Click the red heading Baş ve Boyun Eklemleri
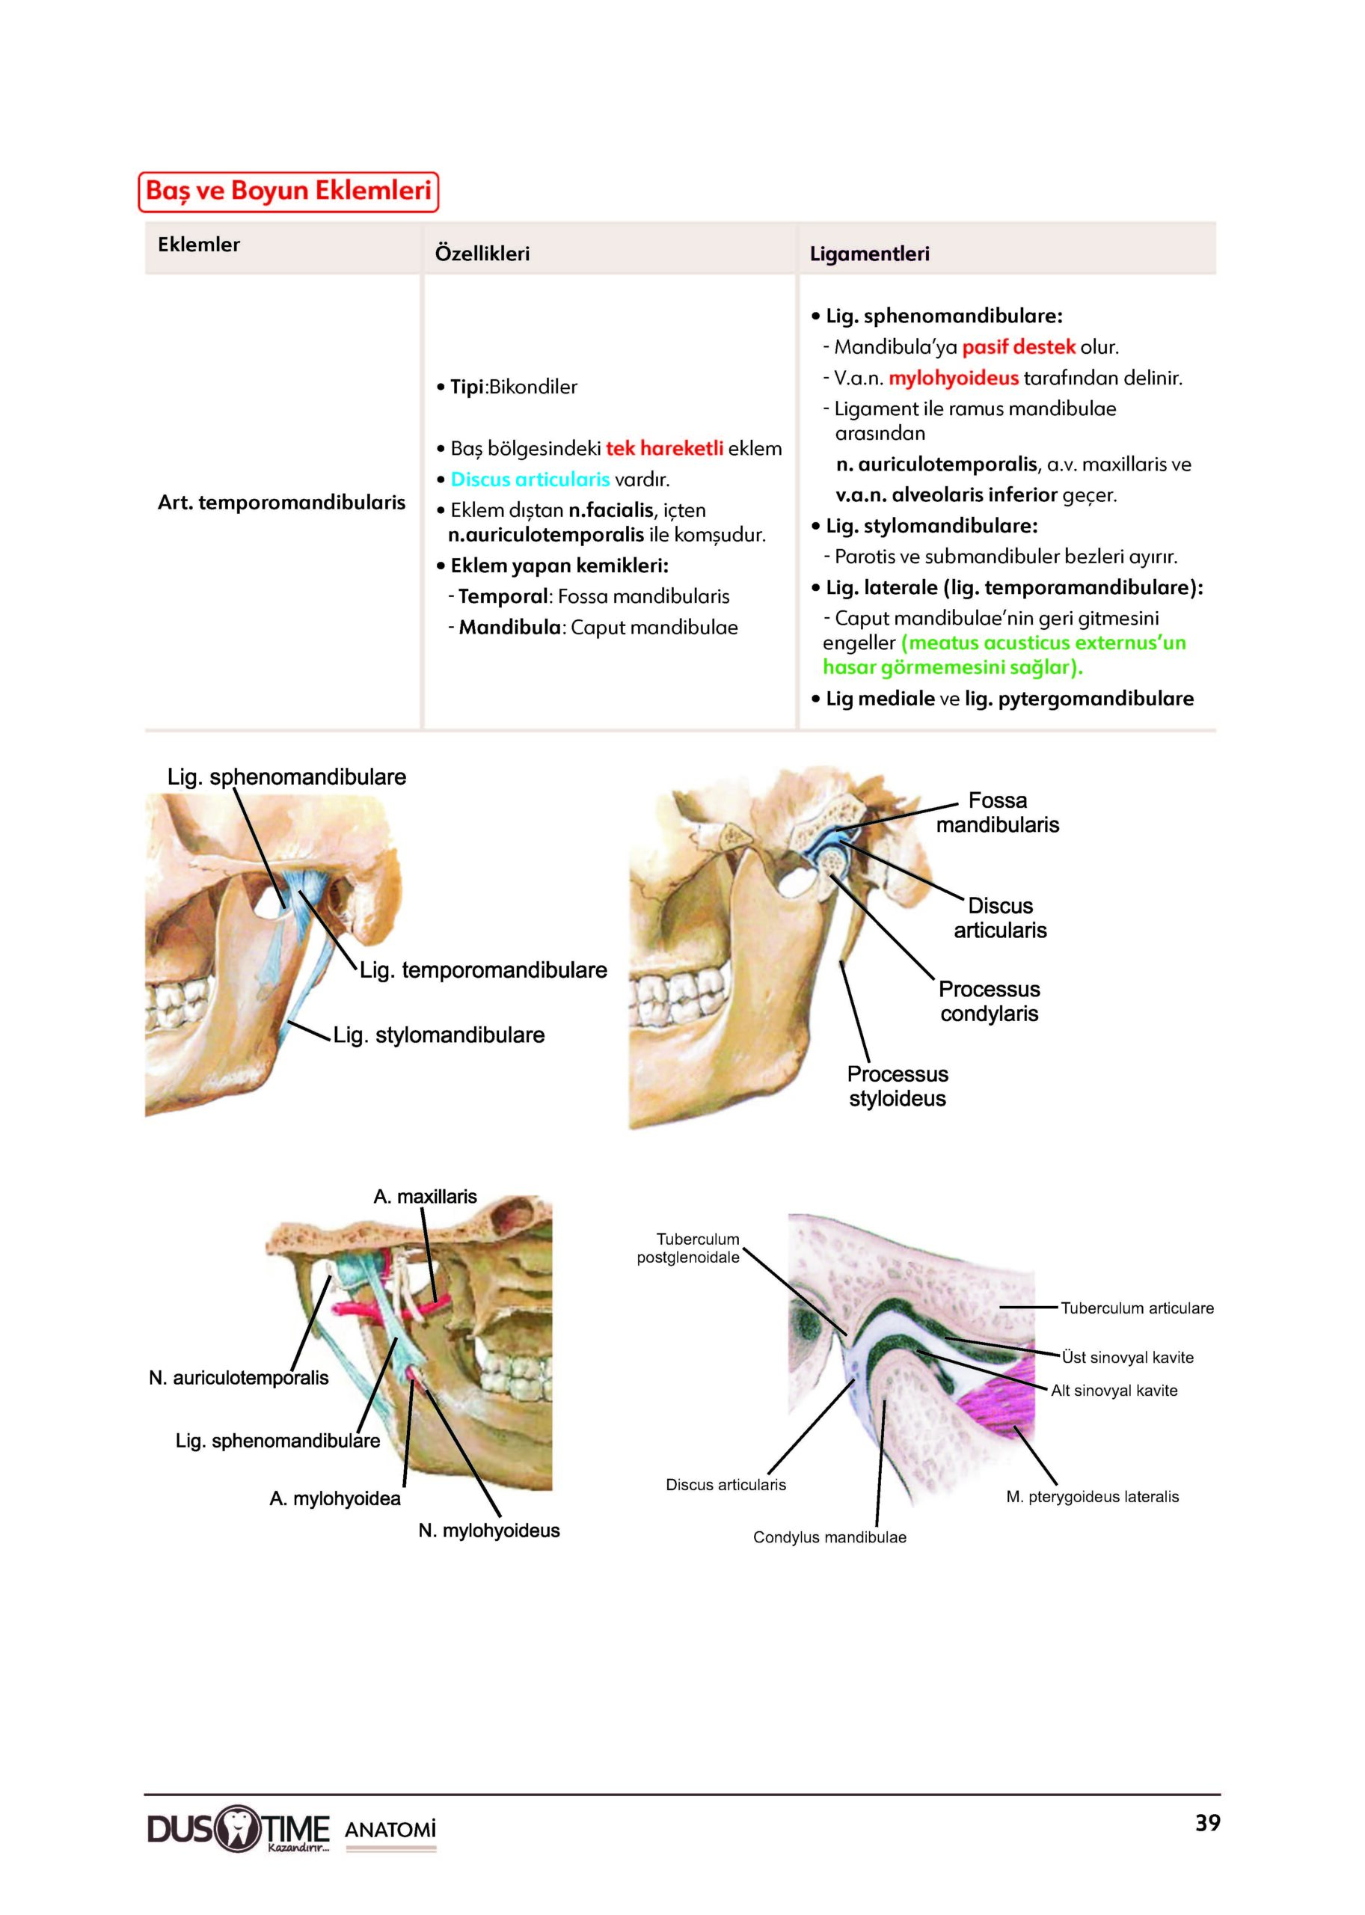[x=288, y=191]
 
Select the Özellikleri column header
[x=482, y=253]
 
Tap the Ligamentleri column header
[x=869, y=253]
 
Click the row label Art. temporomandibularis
[x=280, y=503]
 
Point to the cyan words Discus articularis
[x=530, y=479]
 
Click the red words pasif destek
[x=1018, y=346]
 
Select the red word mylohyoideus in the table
[x=953, y=378]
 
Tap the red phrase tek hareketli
[x=664, y=448]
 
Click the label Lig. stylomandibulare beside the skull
[x=439, y=1035]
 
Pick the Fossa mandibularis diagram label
[x=998, y=812]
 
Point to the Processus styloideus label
[x=897, y=1086]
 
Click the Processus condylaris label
[x=990, y=1001]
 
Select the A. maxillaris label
[x=425, y=1196]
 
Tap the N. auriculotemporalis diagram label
[x=239, y=1378]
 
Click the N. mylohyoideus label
[x=488, y=1530]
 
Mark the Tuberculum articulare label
[x=1136, y=1308]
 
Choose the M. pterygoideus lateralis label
[x=1092, y=1496]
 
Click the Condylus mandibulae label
[x=829, y=1536]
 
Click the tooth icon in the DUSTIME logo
[x=239, y=1829]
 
